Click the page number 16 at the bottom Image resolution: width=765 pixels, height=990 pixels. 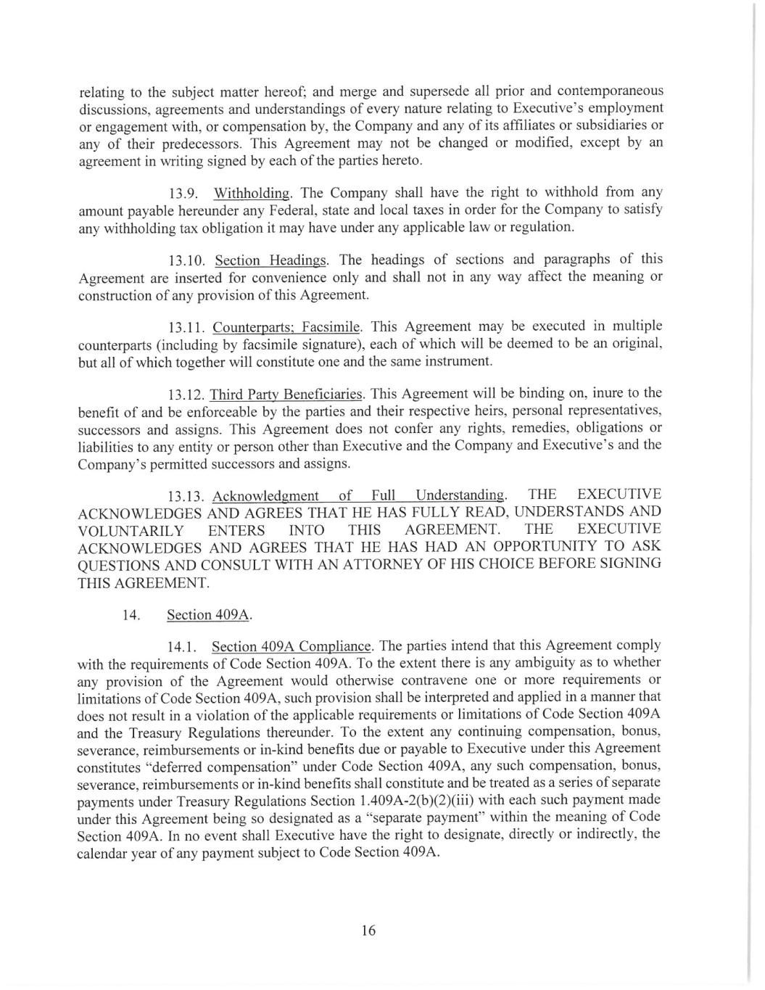[x=368, y=931]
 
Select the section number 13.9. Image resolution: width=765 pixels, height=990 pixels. [x=181, y=194]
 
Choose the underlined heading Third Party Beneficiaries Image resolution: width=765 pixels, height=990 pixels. [x=286, y=395]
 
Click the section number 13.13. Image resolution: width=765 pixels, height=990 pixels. [x=186, y=497]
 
